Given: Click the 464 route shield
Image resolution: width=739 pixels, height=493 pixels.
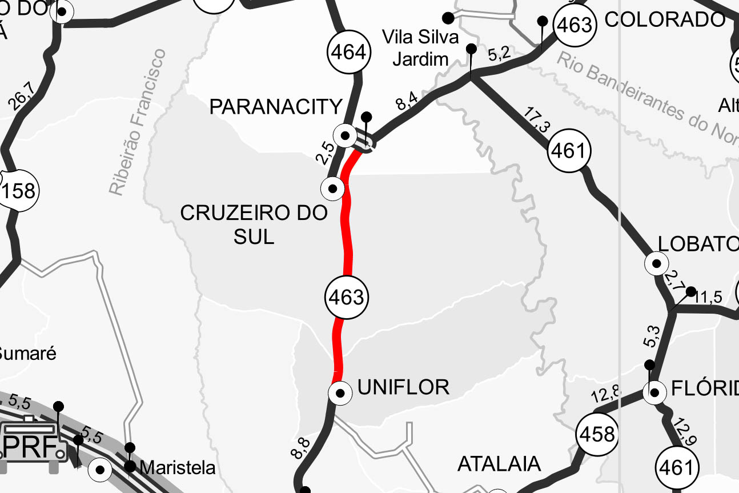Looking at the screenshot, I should coord(348,53).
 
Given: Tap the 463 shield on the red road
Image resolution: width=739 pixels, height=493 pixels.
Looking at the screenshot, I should coord(346,297).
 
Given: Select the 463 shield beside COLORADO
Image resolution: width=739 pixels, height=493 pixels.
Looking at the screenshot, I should coord(575,25).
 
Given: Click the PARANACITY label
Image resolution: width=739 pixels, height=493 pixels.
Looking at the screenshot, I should coord(276,107).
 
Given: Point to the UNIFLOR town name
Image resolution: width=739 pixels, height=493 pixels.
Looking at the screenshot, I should coord(403,387).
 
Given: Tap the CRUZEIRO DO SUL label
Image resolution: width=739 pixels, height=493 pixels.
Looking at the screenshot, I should coord(254,224).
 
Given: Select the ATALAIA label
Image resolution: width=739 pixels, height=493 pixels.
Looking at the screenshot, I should coord(499,463).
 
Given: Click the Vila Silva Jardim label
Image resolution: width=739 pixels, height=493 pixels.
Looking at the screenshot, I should coord(420,48).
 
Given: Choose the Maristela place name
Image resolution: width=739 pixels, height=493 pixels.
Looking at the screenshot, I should coord(178,468).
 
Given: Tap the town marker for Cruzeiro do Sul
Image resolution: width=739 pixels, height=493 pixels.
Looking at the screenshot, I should coord(333,187).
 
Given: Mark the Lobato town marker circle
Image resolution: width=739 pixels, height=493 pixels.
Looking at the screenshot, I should coord(656,263).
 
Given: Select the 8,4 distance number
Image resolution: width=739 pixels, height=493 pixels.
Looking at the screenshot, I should coord(407,102).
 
